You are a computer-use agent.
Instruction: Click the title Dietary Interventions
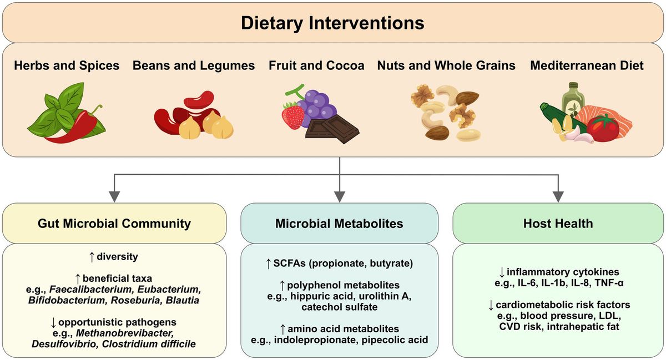pyautogui.click(x=332, y=23)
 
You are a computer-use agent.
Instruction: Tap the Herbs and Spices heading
pyautogui.click(x=67, y=66)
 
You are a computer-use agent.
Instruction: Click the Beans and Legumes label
pyautogui.click(x=194, y=66)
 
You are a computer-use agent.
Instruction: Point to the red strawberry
pyautogui.click(x=293, y=115)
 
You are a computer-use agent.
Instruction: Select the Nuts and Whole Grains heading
pyautogui.click(x=446, y=66)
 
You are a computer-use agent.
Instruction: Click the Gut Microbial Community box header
pyautogui.click(x=114, y=224)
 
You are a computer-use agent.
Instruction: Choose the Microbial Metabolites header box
pyautogui.click(x=339, y=224)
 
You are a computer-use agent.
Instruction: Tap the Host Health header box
pyautogui.click(x=558, y=224)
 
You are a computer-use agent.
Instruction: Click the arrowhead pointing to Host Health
pyautogui.click(x=558, y=195)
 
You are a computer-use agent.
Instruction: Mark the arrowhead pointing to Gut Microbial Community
pyautogui.click(x=114, y=195)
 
